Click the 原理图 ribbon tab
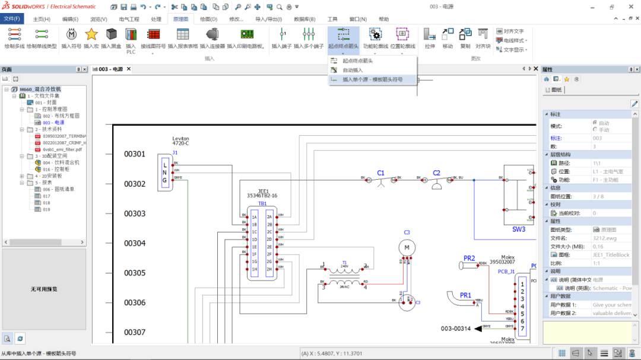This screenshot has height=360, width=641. pos(181,19)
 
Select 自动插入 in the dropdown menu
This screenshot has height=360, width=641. pos(353,70)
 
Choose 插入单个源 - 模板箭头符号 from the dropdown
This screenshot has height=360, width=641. pos(372,79)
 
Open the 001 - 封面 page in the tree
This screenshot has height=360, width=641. pos(46,102)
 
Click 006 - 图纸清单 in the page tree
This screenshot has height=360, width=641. pos(58,189)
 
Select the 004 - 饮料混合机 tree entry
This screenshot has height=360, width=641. pos(61,162)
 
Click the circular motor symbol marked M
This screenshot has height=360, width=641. pos(407,247)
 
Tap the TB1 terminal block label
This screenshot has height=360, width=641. pos(262,203)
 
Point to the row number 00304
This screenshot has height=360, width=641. pos(135,243)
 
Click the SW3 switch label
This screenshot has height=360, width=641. pos(519,229)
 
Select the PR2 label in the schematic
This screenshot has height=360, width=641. pos(469,258)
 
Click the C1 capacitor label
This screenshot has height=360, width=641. pos(380,173)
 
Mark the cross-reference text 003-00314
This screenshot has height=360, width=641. pos(455,328)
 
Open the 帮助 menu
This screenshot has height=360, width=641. pos(383,19)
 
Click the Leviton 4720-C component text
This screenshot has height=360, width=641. pos(180,141)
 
